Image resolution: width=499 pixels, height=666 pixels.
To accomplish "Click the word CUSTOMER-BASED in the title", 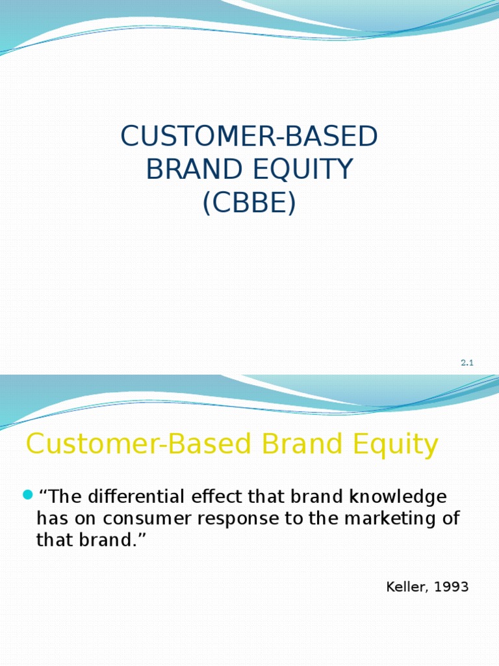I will (249, 137).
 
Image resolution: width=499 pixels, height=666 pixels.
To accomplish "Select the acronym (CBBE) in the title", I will (249, 203).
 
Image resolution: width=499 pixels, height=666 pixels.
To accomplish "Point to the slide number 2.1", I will (467, 363).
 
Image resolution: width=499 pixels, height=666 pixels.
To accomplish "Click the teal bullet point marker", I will (27, 496).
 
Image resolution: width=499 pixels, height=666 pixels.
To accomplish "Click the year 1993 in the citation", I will (450, 587).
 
